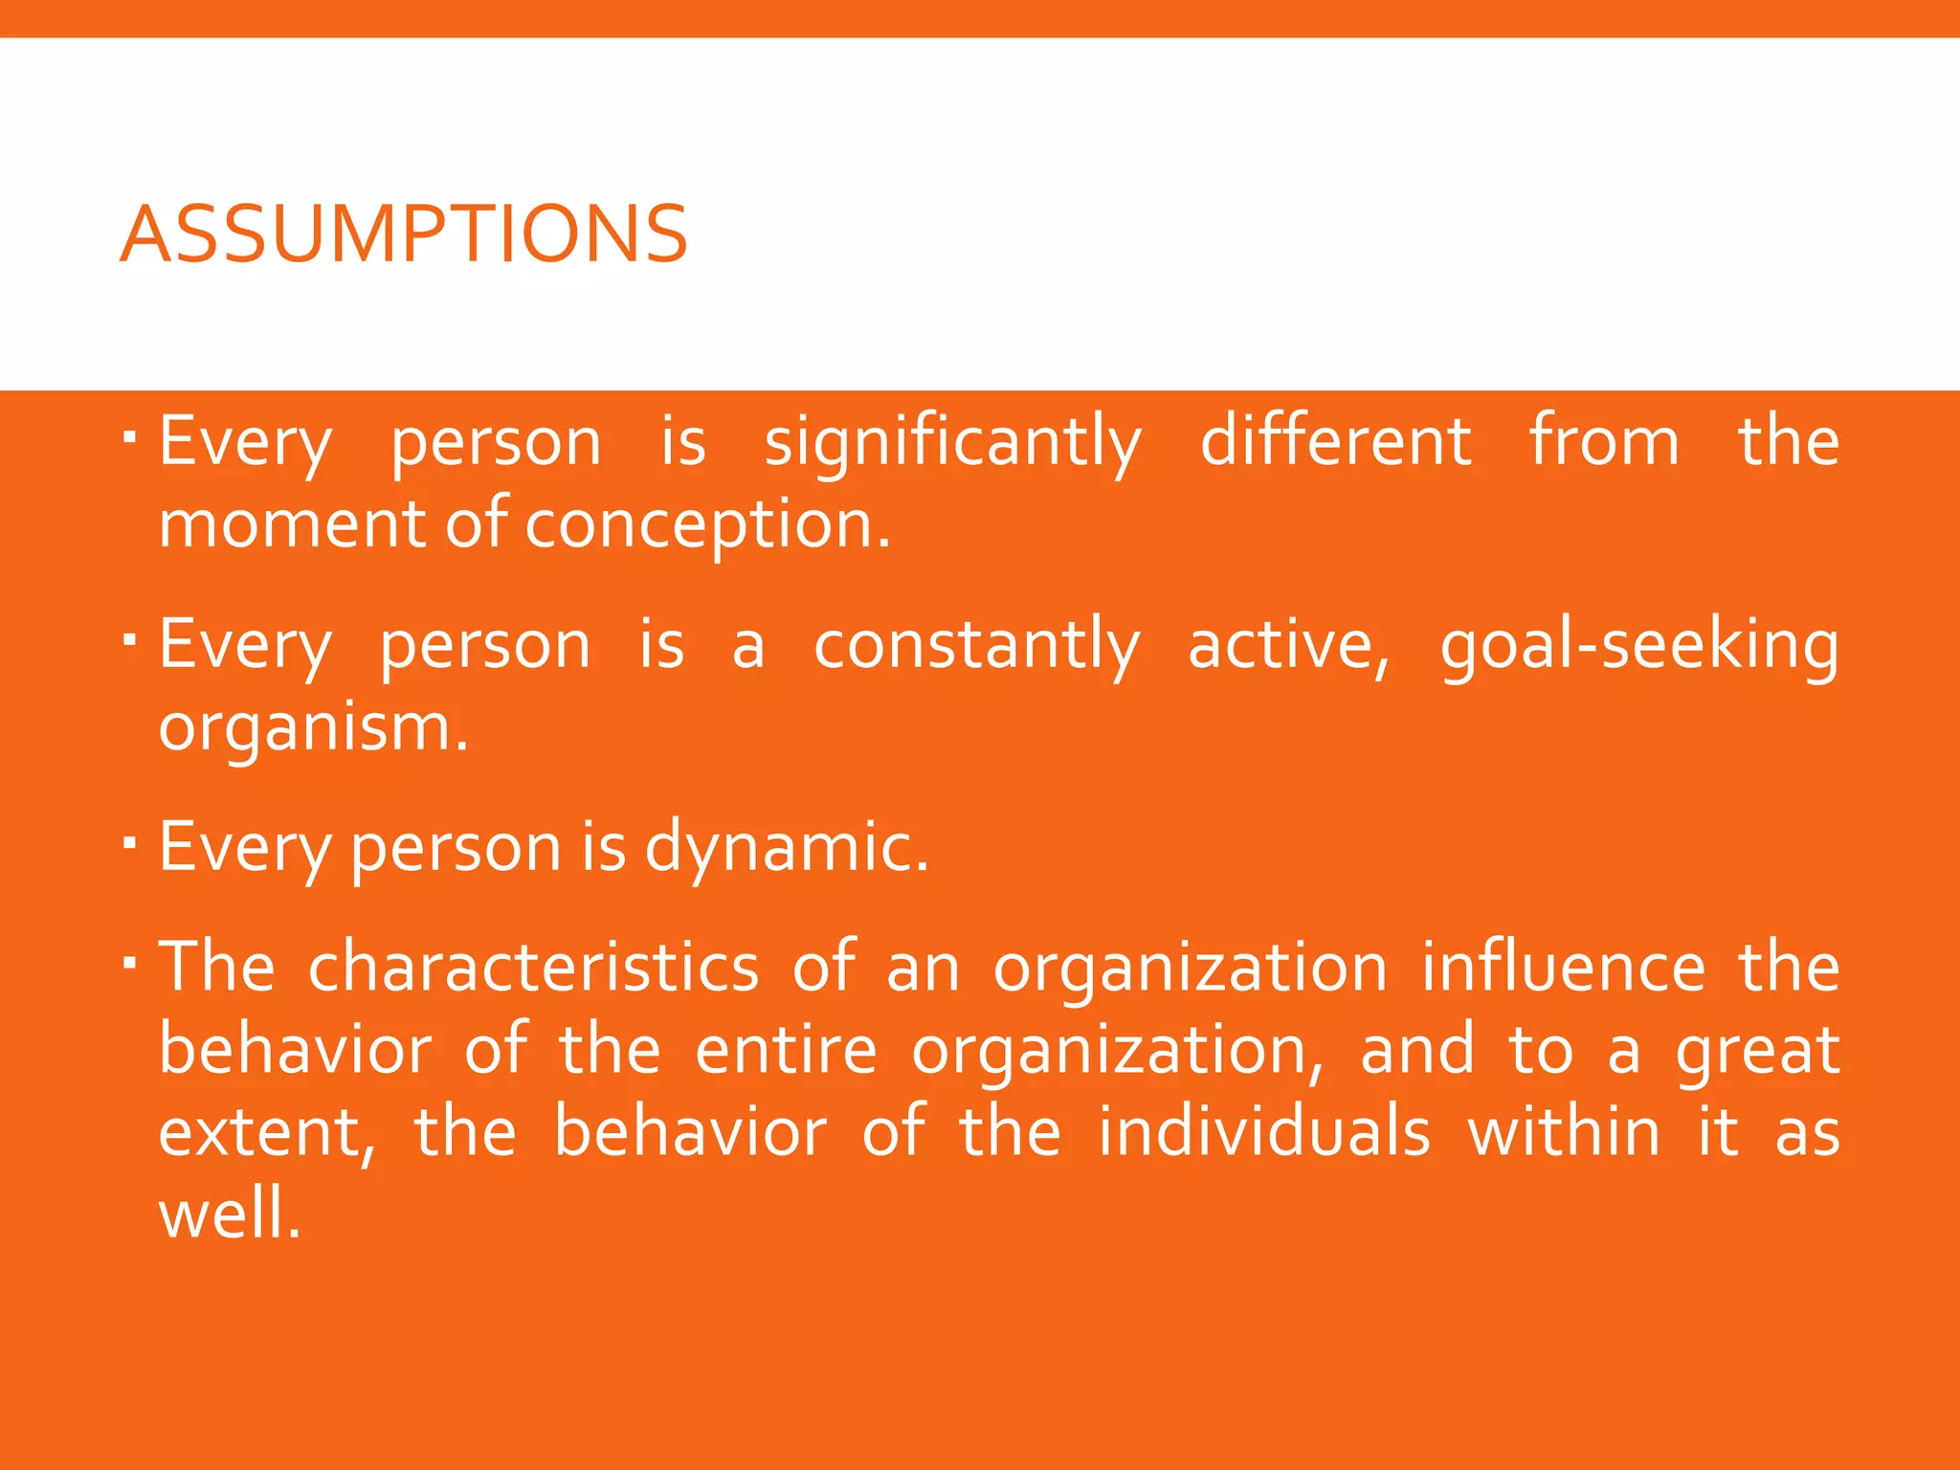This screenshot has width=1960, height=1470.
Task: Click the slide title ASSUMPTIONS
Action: tap(403, 234)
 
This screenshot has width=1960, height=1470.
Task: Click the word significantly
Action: tap(952, 444)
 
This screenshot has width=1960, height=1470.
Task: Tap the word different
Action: tap(1335, 442)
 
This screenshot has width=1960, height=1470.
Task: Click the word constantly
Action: tap(976, 646)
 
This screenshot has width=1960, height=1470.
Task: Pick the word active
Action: tap(1287, 646)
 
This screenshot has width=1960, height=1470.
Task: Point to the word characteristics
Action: tap(533, 967)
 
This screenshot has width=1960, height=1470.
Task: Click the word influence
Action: tap(1563, 967)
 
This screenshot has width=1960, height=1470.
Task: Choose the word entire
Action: tap(785, 1050)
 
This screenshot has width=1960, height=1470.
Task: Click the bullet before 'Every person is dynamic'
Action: tap(131, 843)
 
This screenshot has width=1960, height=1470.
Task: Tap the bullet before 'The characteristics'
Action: tap(131, 962)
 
